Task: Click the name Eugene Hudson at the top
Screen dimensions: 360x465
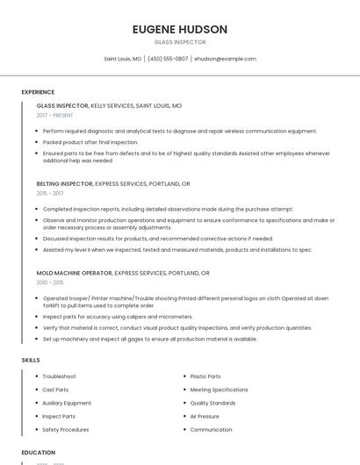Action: [179, 29]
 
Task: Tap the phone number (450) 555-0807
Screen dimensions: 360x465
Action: [167, 59]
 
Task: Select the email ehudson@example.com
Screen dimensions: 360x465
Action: [225, 59]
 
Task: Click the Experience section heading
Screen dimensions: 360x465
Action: [38, 92]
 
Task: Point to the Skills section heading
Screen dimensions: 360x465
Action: [31, 360]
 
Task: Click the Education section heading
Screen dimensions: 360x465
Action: [39, 452]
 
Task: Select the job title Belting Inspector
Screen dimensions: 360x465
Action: [62, 184]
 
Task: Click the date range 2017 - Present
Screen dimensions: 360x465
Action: [55, 115]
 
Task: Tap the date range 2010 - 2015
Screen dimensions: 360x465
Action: [50, 283]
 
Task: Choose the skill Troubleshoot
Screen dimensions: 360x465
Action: [59, 376]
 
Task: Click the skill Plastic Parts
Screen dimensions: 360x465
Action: [205, 376]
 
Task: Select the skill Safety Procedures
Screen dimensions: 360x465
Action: [66, 430]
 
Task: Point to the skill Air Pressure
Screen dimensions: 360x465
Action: [205, 416]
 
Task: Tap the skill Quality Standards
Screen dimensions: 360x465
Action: [212, 403]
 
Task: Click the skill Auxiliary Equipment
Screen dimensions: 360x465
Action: [67, 403]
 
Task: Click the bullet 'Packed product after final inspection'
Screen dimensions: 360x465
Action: [90, 142]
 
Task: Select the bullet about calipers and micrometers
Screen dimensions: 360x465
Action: [118, 317]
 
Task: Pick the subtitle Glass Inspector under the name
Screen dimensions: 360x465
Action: [179, 42]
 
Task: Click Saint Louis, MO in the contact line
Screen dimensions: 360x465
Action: [122, 59]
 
